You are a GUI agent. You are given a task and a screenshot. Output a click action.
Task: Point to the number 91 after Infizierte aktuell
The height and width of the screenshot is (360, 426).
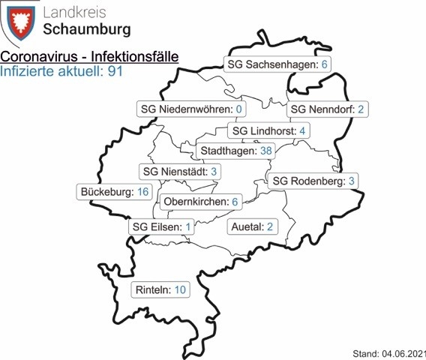tap(115, 72)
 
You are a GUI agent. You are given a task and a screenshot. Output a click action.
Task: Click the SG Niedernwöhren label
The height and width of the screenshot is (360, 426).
tap(193, 109)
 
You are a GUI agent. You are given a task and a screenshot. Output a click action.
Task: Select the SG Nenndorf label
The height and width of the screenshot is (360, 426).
tap(326, 109)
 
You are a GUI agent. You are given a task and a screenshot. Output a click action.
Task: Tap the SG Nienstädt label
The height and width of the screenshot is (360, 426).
tap(179, 172)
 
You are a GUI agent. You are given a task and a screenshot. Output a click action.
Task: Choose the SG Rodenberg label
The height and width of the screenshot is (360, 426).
tap(313, 181)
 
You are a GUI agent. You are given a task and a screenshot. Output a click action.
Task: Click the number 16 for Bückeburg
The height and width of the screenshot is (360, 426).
tap(143, 192)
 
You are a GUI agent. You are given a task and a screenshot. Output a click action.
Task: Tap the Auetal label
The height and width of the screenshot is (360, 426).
tap(252, 226)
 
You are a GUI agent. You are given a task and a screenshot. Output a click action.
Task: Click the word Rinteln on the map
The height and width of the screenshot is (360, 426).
tap(153, 289)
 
